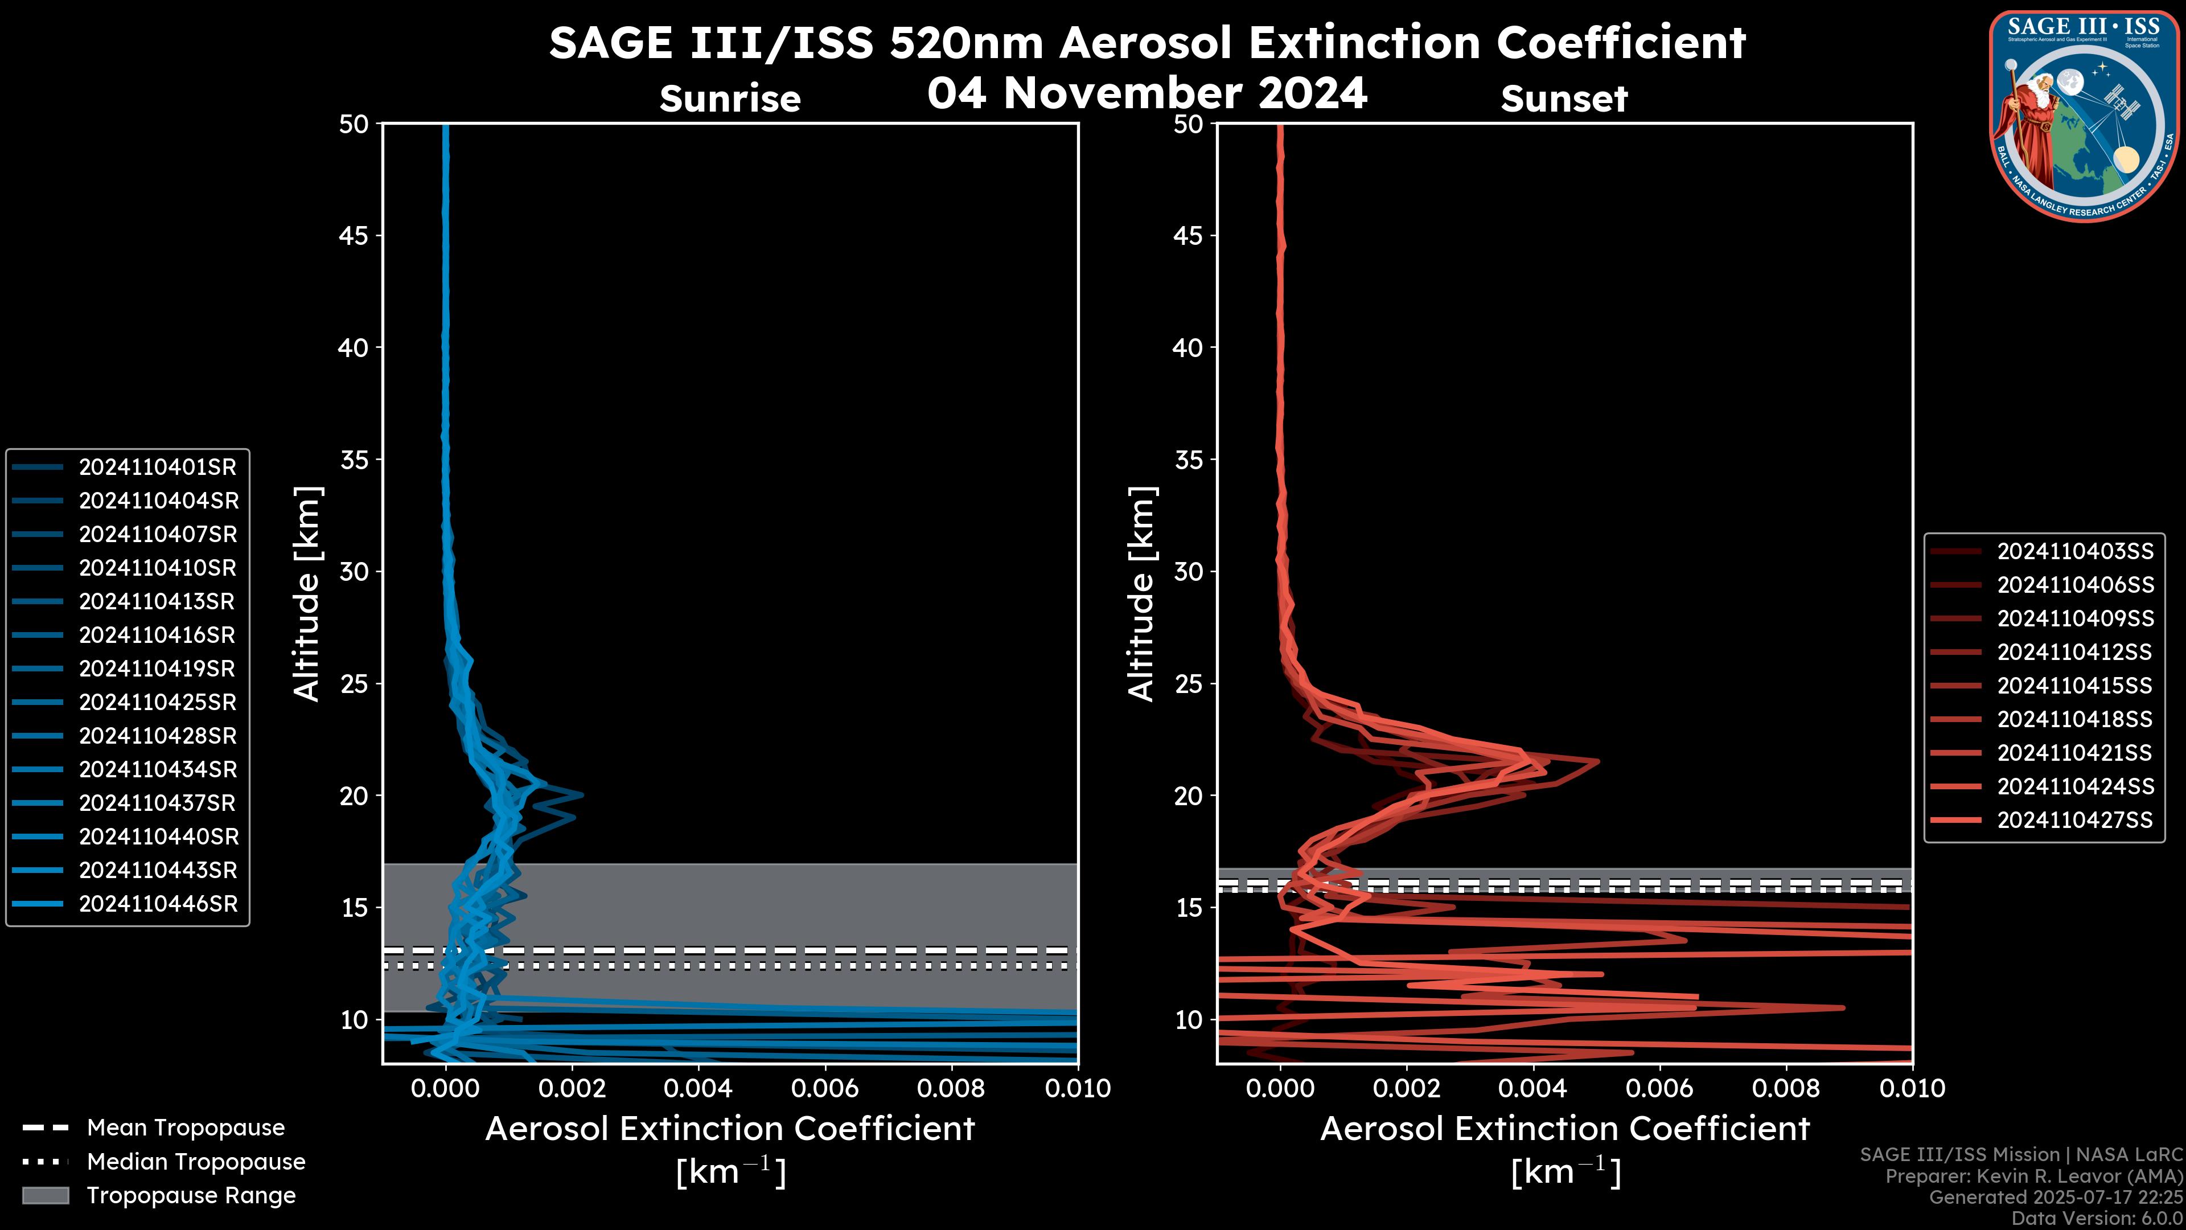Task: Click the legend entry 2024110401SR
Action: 157,467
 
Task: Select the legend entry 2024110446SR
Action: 158,904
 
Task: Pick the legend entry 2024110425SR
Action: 157,702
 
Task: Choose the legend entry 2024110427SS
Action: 2075,820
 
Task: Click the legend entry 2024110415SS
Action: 2075,686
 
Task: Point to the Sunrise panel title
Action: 730,99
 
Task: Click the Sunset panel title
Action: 1564,99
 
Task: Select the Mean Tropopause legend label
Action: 186,1128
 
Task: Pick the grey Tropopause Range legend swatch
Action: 46,1195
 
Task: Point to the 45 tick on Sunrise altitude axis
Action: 354,236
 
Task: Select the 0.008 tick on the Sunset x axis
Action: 1786,1088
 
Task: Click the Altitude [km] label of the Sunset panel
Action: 1141,593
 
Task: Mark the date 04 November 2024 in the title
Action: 1147,92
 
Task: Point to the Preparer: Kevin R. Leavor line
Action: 2033,1176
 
